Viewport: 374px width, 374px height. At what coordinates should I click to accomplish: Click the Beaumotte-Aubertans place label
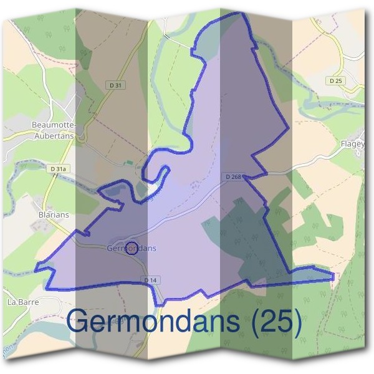click(x=52, y=130)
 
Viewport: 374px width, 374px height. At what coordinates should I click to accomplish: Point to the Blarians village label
click(x=54, y=214)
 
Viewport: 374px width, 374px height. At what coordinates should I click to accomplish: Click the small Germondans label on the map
click(x=132, y=248)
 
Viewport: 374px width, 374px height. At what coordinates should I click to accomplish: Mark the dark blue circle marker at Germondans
click(x=132, y=249)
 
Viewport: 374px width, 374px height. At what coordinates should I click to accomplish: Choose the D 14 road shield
click(x=150, y=280)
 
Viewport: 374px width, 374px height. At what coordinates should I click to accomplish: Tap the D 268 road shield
click(x=233, y=177)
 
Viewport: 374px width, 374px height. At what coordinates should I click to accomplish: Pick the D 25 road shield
click(x=335, y=81)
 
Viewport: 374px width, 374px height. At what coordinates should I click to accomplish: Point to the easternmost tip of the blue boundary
click(x=333, y=275)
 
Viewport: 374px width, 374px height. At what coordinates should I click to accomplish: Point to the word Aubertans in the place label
click(x=54, y=136)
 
